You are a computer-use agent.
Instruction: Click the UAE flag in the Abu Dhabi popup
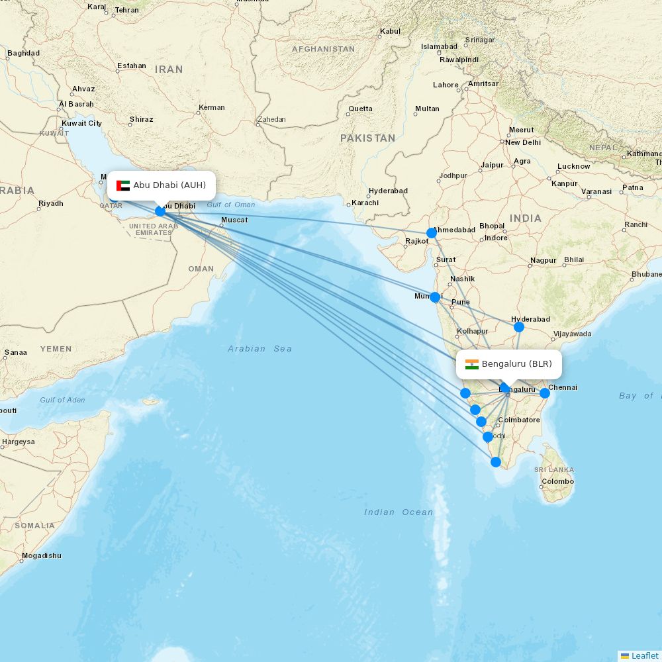click(x=123, y=185)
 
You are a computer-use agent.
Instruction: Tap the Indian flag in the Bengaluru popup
click(x=472, y=364)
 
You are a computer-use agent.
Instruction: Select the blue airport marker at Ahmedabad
click(x=432, y=232)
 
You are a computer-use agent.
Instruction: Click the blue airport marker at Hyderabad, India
click(x=519, y=326)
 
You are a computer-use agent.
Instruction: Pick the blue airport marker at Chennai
click(x=545, y=393)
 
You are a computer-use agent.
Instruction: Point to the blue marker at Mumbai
click(x=435, y=297)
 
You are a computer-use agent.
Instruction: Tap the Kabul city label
click(x=390, y=31)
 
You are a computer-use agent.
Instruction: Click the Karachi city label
click(x=365, y=203)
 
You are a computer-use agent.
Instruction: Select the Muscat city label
click(x=234, y=220)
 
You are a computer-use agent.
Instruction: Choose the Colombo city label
click(x=557, y=481)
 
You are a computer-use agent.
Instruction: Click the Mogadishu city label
click(x=41, y=555)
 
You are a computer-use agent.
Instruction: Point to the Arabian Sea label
click(x=260, y=349)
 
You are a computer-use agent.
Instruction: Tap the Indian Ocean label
click(x=399, y=512)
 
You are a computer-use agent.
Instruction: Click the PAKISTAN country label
click(x=367, y=138)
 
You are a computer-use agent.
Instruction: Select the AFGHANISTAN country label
click(x=324, y=49)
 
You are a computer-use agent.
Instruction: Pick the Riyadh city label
click(x=51, y=203)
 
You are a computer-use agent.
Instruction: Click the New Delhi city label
click(x=523, y=142)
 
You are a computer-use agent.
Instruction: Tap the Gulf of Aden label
click(x=62, y=400)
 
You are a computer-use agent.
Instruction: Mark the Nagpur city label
click(x=543, y=260)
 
